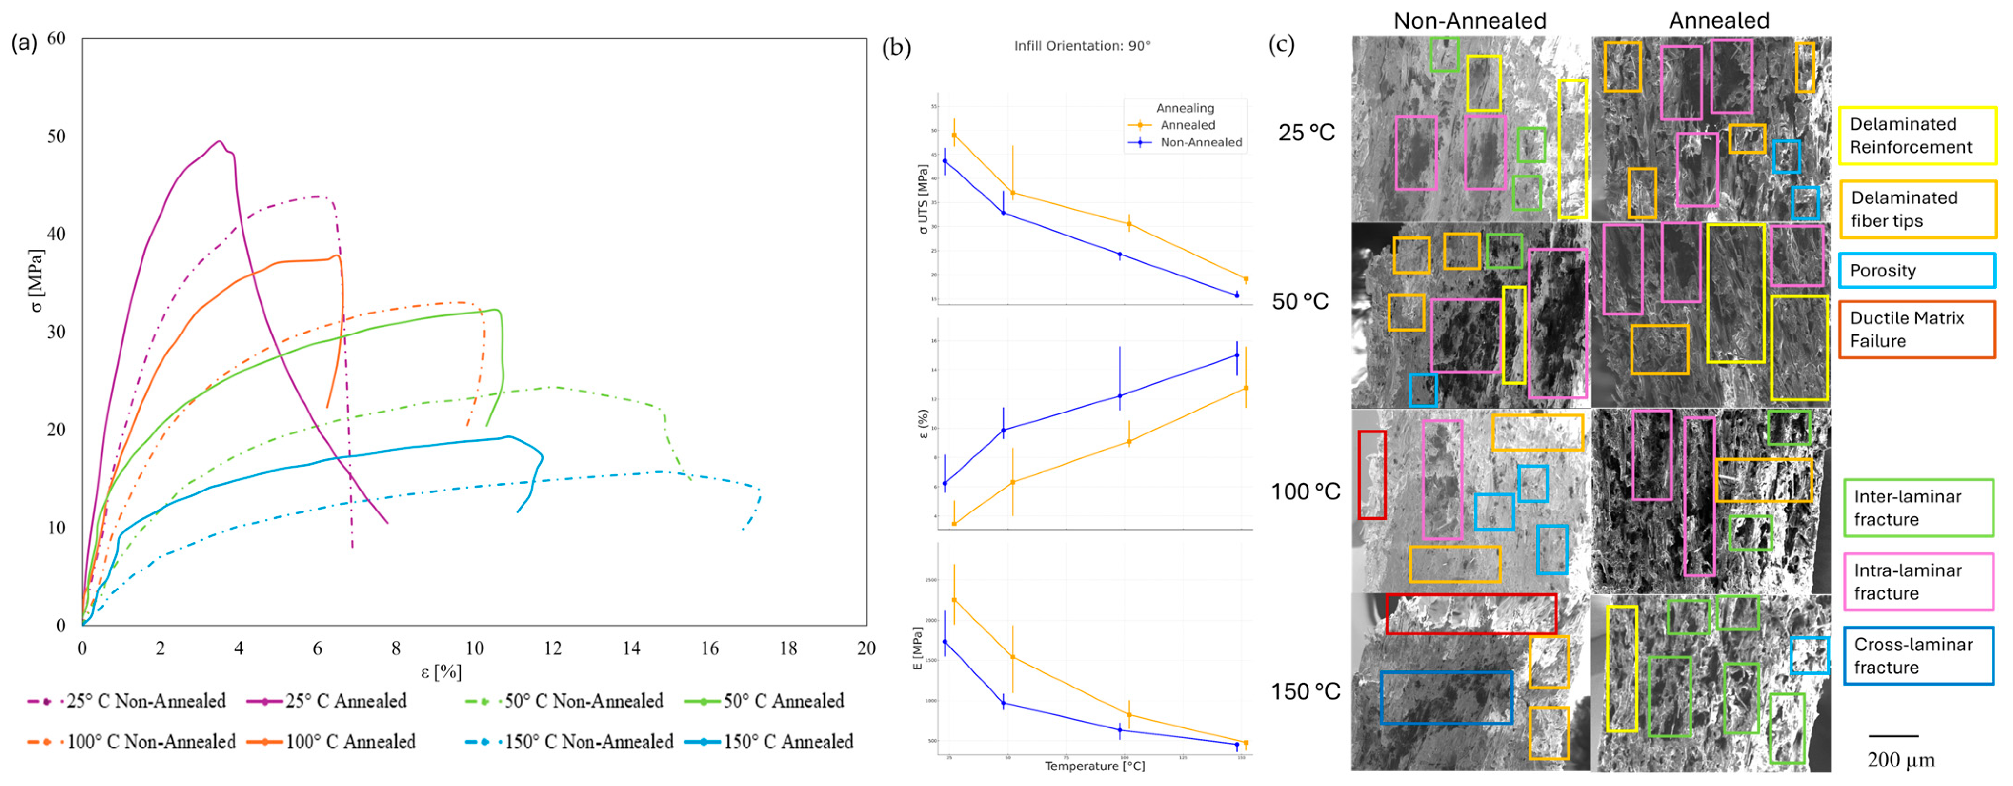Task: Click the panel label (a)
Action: click(23, 42)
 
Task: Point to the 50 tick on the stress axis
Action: click(56, 136)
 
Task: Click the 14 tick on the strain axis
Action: click(631, 648)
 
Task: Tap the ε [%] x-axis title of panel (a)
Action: click(442, 672)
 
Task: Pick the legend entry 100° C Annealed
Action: click(350, 742)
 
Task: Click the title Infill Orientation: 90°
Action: click(1082, 46)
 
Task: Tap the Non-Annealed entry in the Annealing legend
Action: click(1200, 142)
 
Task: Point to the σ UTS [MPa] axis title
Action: click(923, 199)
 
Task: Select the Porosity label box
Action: click(1916, 270)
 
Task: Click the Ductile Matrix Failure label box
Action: click(1916, 330)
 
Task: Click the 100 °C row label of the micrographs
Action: click(1305, 491)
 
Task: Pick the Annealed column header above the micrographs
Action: click(1718, 20)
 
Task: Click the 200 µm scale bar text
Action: click(1900, 760)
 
